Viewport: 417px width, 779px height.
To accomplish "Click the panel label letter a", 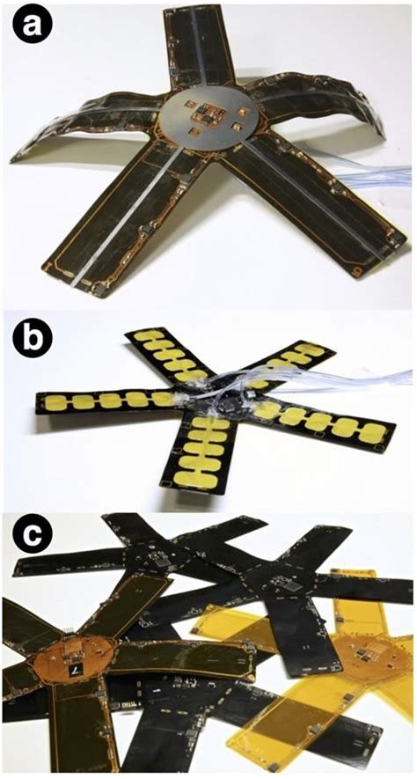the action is coord(33,24).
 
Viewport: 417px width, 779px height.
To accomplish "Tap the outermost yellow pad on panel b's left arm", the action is coord(55,401).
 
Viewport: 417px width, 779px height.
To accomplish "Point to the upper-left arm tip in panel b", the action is coord(133,334).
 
